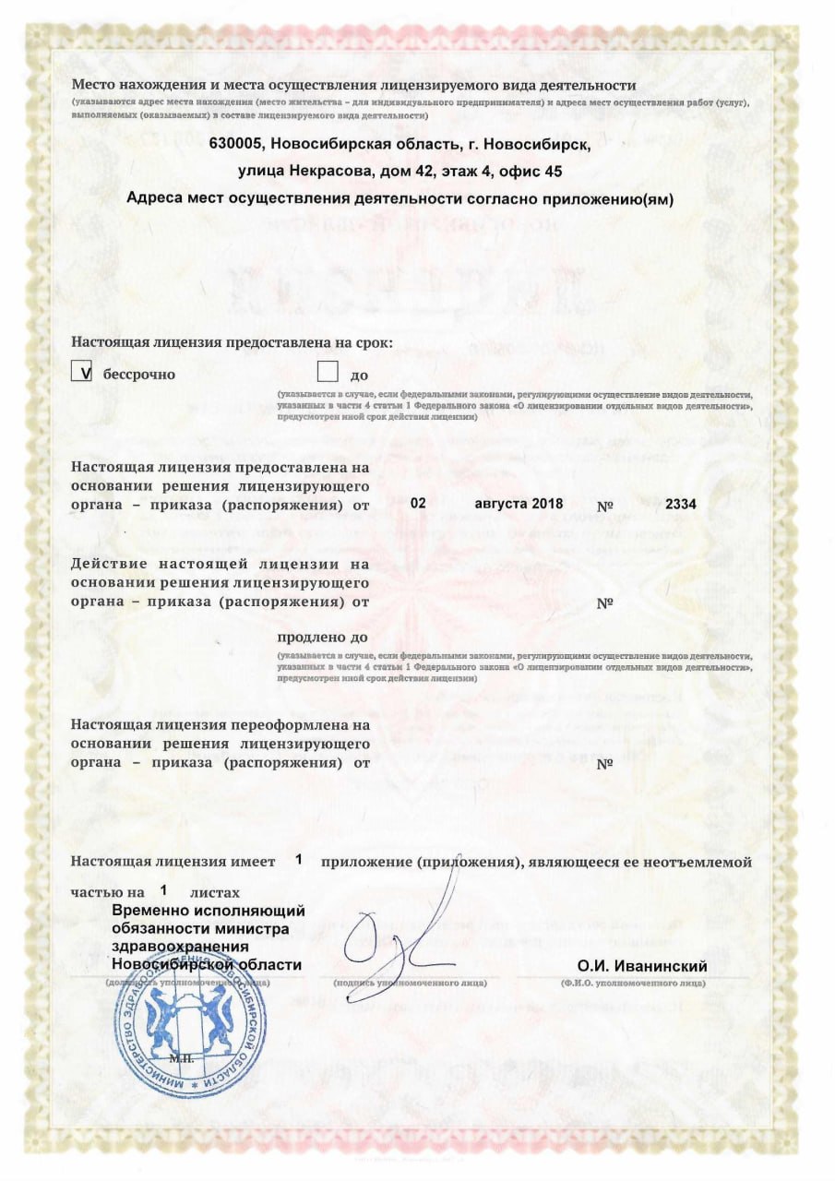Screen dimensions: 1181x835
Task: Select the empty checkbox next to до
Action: click(328, 372)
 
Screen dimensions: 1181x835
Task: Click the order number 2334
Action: click(680, 504)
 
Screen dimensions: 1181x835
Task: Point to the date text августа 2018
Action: click(519, 504)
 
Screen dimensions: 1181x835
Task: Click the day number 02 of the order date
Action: click(418, 504)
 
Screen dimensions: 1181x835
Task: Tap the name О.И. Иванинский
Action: click(642, 966)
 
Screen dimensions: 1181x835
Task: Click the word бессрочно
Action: click(139, 375)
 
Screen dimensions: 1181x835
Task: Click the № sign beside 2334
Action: click(605, 506)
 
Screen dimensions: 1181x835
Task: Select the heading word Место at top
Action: click(93, 86)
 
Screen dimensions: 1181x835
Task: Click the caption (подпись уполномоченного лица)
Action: click(410, 984)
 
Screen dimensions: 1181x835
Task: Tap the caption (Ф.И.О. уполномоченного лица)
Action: click(632, 984)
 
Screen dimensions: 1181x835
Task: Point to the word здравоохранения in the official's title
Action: click(180, 947)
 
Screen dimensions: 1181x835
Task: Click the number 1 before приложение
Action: click(299, 859)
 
